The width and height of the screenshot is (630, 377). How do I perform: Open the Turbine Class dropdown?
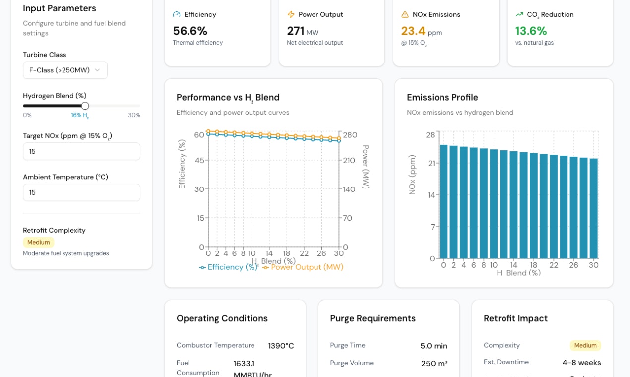pyautogui.click(x=65, y=70)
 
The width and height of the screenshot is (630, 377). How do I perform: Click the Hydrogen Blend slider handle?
pyautogui.click(x=85, y=106)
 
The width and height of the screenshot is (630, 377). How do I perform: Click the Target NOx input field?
pyautogui.click(x=81, y=151)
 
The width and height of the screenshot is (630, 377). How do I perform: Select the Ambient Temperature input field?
pyautogui.click(x=81, y=192)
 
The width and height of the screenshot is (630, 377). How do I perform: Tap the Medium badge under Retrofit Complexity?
pyautogui.click(x=38, y=242)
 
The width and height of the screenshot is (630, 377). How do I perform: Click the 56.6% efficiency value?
pyautogui.click(x=190, y=31)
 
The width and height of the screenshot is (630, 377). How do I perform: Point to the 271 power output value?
pyautogui.click(x=296, y=31)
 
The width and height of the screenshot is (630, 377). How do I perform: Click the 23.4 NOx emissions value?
pyautogui.click(x=413, y=31)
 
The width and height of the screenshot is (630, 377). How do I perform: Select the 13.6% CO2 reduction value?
pyautogui.click(x=531, y=31)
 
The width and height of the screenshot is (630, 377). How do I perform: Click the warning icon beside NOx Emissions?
pyautogui.click(x=405, y=14)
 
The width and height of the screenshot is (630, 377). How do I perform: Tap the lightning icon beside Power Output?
pyautogui.click(x=291, y=14)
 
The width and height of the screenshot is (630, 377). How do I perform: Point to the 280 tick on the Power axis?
pyautogui.click(x=350, y=135)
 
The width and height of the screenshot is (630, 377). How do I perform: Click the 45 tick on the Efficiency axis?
pyautogui.click(x=199, y=160)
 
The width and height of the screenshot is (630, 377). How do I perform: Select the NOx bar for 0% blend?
pyautogui.click(x=443, y=201)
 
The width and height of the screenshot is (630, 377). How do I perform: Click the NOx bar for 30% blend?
pyautogui.click(x=593, y=208)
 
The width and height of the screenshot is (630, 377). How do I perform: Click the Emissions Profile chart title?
pyautogui.click(x=442, y=97)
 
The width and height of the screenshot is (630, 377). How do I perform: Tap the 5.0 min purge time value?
pyautogui.click(x=434, y=346)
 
